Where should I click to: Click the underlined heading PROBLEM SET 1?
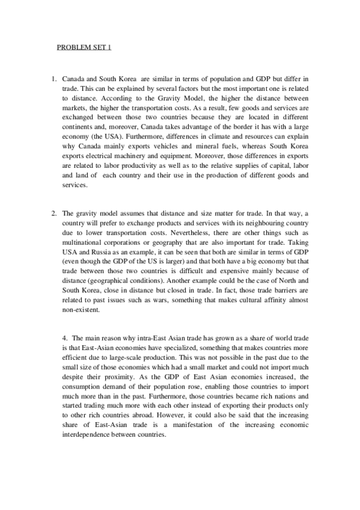click(x=84, y=48)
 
